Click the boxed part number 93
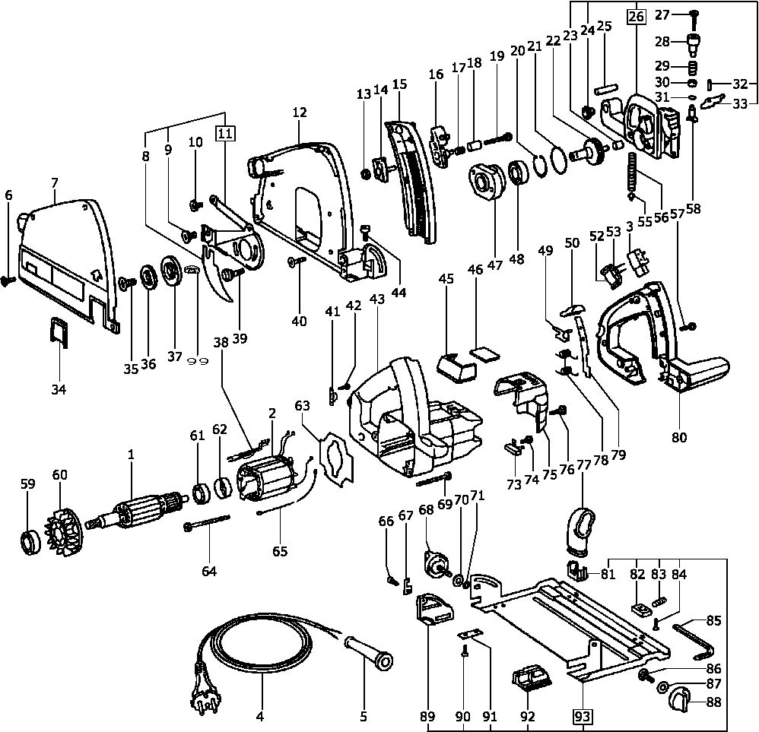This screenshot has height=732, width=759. tap(583, 716)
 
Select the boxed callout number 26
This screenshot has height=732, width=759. tap(636, 15)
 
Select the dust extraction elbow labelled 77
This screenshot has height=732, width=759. tap(583, 529)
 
